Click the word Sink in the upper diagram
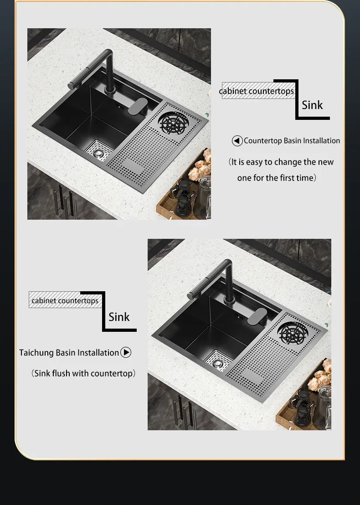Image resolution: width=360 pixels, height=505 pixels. [x=312, y=105]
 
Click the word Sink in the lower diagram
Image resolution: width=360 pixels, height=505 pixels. [x=119, y=317]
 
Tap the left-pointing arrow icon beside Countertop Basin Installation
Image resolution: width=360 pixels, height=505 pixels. [x=237, y=141]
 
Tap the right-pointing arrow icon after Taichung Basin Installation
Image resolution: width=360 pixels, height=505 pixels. [x=126, y=352]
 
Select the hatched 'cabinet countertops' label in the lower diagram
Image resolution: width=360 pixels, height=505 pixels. [x=65, y=300]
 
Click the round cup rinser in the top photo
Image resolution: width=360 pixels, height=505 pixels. [x=173, y=123]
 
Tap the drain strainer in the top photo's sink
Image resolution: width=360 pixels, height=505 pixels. [x=98, y=152]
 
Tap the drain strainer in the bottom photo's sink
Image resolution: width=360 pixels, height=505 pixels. [x=218, y=362]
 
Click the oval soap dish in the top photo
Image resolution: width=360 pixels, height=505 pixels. [x=138, y=106]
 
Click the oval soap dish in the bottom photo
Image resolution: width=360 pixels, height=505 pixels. [x=257, y=316]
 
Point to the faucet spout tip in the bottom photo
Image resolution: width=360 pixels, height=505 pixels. [x=191, y=295]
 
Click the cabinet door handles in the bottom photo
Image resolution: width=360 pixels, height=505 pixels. [x=184, y=411]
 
